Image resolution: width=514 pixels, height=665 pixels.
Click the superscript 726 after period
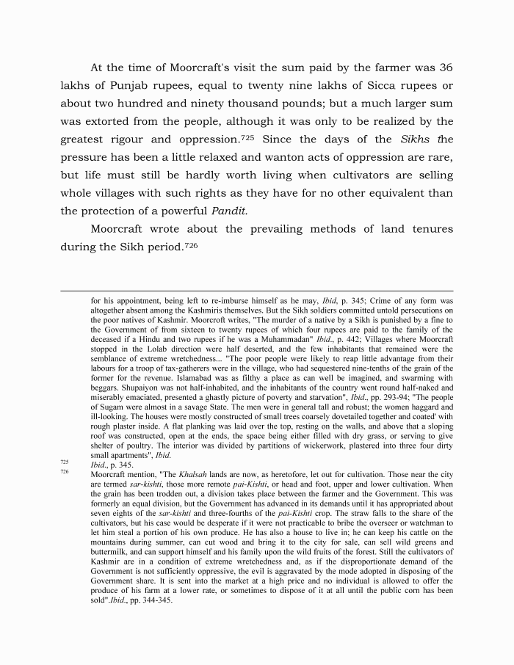tap(190, 244)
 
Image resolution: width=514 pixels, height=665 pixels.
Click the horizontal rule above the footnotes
tap(257, 291)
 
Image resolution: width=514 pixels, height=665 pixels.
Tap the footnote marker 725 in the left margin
tap(65, 462)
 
